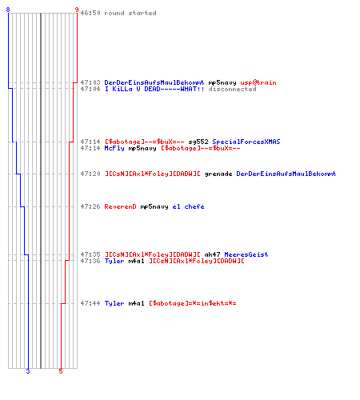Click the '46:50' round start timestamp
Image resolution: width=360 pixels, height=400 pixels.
point(90,13)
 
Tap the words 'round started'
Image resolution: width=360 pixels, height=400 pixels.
point(130,13)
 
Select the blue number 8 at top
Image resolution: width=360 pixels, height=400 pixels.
point(8,10)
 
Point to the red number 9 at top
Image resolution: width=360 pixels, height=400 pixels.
point(77,10)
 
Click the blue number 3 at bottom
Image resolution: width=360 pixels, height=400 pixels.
point(28,371)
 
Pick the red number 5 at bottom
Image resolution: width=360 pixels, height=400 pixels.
point(61,371)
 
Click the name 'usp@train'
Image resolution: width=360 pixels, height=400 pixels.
point(258,82)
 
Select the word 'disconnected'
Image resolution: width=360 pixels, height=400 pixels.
point(232,89)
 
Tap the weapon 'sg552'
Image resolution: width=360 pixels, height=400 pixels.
point(198,142)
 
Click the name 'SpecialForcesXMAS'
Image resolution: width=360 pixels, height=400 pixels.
point(246,142)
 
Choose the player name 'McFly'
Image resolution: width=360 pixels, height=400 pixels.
point(114,148)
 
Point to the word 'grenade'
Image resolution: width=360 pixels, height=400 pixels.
point(218,174)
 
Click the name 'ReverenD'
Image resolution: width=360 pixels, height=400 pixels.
point(120,206)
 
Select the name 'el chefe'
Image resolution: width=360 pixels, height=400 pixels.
point(188,206)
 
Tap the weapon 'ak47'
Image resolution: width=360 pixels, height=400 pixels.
point(212,254)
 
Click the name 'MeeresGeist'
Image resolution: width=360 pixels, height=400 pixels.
point(246,254)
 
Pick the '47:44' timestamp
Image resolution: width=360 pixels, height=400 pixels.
point(90,303)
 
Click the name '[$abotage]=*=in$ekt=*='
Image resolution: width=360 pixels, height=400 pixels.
point(193,303)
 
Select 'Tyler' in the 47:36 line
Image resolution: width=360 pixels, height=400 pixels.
point(114,261)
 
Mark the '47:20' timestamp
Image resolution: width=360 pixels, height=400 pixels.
point(90,174)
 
